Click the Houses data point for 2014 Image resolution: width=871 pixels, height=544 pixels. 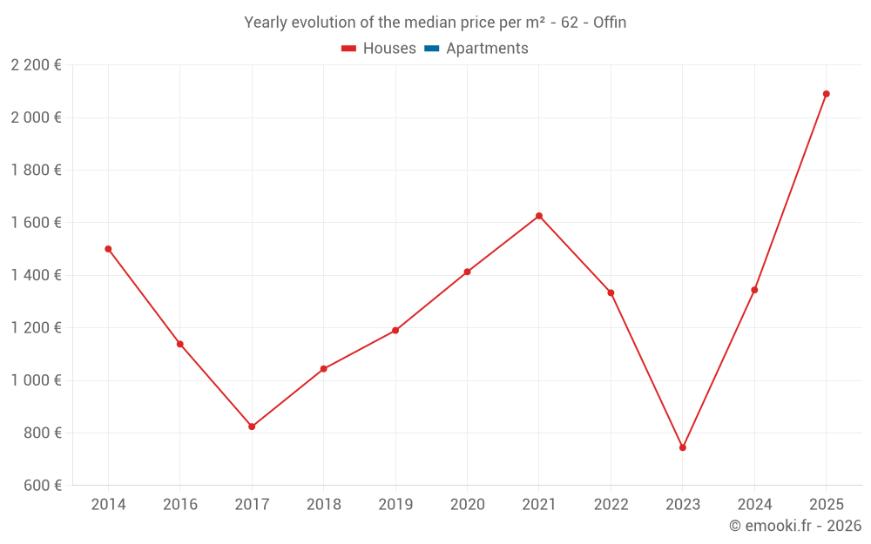pos(108,249)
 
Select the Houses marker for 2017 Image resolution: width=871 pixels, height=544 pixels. pos(252,426)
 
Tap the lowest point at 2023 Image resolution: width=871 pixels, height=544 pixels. pos(683,447)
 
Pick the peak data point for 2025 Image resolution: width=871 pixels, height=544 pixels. pos(827,94)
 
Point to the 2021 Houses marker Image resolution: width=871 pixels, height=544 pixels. pos(539,216)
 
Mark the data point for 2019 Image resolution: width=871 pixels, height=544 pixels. pos(395,331)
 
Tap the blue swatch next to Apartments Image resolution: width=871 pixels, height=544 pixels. pos(431,49)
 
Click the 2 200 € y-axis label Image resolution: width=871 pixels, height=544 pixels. pos(36,64)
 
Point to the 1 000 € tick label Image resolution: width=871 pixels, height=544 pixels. pos(36,380)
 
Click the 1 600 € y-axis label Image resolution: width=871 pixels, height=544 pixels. pos(36,222)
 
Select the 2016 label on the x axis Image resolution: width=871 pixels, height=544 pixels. pos(180,505)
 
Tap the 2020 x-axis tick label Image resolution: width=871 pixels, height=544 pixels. pos(467,505)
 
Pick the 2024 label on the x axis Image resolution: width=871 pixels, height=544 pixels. pos(754,505)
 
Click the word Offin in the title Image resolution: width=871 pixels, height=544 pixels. pos(610,23)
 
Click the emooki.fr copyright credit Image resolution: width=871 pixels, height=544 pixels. pos(795,526)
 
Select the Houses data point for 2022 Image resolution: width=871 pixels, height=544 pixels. pos(611,292)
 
